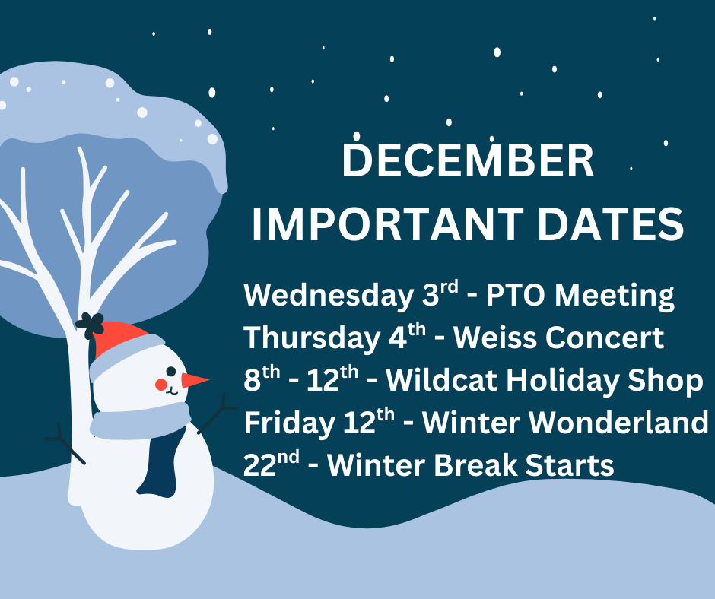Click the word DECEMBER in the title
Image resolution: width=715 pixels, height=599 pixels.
point(468,162)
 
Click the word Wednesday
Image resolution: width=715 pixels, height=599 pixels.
point(328,296)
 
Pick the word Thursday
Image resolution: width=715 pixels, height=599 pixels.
point(307,338)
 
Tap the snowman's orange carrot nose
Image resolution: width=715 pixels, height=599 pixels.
point(195,380)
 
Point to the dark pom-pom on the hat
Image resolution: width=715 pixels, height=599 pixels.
point(90,325)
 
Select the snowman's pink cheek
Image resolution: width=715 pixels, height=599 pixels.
point(161,385)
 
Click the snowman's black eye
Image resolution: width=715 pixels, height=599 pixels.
point(171,372)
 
